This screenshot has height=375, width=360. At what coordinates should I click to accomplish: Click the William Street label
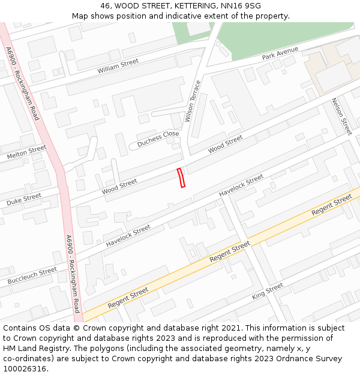click(118, 66)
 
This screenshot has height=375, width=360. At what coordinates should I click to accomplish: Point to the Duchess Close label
click(158, 139)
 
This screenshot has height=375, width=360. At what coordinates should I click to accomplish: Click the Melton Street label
click(26, 152)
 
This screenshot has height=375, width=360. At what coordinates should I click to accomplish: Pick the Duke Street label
click(24, 199)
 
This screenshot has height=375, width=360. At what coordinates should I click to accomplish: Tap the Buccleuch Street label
click(32, 276)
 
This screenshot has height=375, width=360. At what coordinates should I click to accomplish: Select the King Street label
click(267, 291)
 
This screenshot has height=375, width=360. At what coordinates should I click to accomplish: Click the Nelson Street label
click(341, 116)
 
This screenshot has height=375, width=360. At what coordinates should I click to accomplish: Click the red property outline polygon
click(181, 178)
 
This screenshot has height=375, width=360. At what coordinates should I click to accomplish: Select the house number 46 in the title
click(106, 6)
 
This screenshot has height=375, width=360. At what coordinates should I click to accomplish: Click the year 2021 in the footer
click(228, 328)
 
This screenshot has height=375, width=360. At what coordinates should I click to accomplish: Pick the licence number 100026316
click(24, 369)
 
